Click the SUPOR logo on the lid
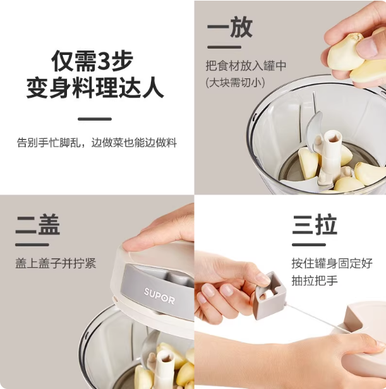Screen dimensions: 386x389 [159, 296]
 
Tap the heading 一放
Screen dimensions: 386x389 [230, 27]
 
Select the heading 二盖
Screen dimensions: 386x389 [38, 225]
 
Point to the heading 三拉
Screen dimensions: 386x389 [314, 225]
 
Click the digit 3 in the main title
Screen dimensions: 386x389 [104, 61]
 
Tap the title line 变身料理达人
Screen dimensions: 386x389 [95, 88]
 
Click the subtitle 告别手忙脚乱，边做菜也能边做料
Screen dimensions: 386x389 [97, 143]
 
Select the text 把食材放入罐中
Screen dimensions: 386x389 [246, 66]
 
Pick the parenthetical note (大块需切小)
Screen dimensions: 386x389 [235, 83]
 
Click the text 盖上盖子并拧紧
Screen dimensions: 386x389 [56, 263]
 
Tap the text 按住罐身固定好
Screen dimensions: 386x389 [332, 263]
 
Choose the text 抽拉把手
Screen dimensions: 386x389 [315, 280]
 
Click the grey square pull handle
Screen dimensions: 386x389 [269, 295]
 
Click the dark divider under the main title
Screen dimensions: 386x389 [95, 119]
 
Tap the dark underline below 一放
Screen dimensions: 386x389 [224, 47]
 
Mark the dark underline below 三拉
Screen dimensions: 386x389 [309, 245]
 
